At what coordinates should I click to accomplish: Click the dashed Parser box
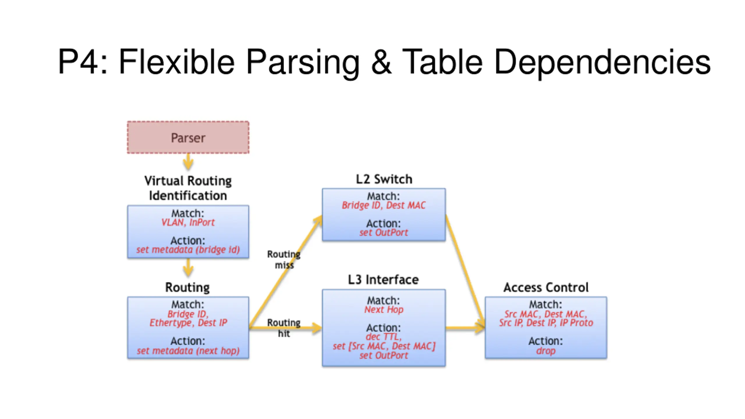tap(188, 137)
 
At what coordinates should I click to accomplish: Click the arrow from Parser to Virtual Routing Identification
tap(188, 162)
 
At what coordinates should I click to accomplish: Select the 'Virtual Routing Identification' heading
tap(188, 188)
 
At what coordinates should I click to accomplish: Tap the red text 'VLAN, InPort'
tap(188, 223)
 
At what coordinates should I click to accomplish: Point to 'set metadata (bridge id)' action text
tap(188, 250)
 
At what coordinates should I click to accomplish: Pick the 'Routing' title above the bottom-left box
tap(187, 287)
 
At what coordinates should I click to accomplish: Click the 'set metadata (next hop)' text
tap(188, 351)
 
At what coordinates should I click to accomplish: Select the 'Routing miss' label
tap(284, 260)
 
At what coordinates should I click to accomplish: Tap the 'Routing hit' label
tap(284, 328)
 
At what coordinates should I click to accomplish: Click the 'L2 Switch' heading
tap(384, 179)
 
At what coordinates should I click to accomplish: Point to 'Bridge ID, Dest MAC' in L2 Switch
tap(384, 205)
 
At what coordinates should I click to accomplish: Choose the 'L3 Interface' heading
tap(383, 280)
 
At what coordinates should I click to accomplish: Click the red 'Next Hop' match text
tap(384, 310)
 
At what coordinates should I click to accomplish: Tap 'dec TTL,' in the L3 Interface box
tap(384, 337)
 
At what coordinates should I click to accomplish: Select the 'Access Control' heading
tap(546, 287)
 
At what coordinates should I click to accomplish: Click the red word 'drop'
tap(546, 351)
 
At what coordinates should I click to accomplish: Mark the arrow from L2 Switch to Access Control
tap(465, 271)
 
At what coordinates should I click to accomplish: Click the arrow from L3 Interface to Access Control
tap(465, 328)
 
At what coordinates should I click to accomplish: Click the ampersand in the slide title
tap(381, 62)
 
